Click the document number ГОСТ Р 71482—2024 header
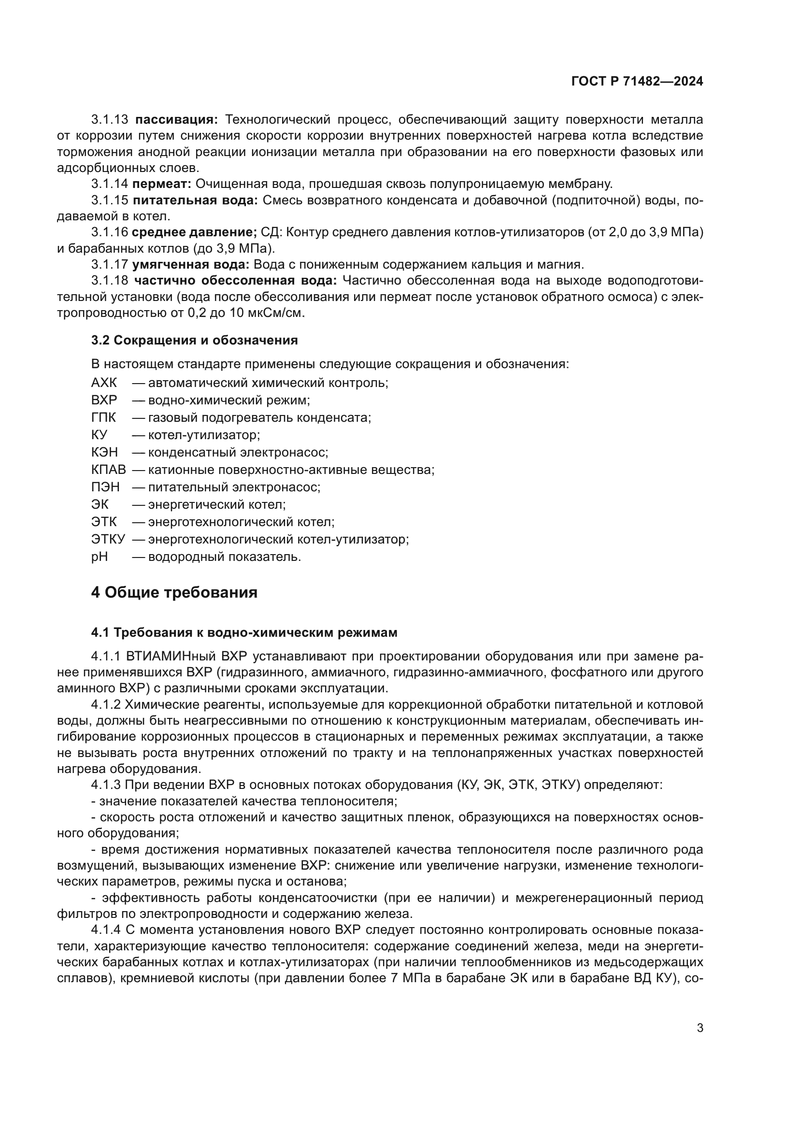(x=637, y=82)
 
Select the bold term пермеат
(x=162, y=184)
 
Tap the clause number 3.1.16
(x=109, y=232)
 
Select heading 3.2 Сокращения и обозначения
(x=194, y=340)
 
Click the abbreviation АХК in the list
(x=104, y=383)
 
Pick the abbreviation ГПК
(x=104, y=418)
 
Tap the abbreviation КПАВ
(x=108, y=470)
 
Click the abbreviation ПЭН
(x=105, y=487)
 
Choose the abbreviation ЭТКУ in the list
(x=108, y=540)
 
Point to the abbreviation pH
(x=100, y=557)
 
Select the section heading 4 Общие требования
(x=174, y=592)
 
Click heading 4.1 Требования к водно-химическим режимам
(x=244, y=632)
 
